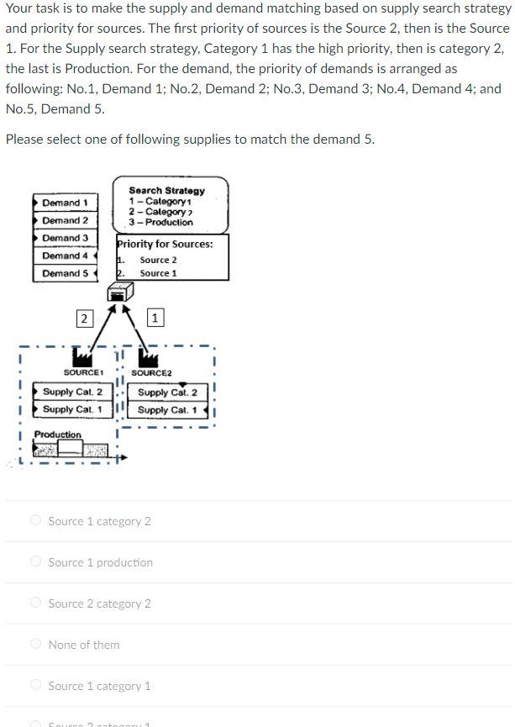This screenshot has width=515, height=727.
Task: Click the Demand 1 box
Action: pyautogui.click(x=65, y=203)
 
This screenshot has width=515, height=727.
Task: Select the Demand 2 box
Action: pyautogui.click(x=65, y=220)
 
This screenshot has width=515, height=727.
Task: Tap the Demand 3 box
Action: pyautogui.click(x=65, y=238)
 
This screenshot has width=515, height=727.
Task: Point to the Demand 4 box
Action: pyautogui.click(x=65, y=256)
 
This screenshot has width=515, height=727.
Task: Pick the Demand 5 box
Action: pyautogui.click(x=65, y=273)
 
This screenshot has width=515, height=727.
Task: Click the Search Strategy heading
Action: pyautogui.click(x=166, y=191)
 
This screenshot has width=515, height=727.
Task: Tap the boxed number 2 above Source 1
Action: pyautogui.click(x=83, y=318)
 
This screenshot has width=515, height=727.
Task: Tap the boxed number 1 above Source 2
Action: pyautogui.click(x=155, y=317)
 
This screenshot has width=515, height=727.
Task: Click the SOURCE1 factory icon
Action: pyautogui.click(x=82, y=358)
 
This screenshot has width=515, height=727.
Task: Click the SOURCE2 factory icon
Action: pyautogui.click(x=149, y=358)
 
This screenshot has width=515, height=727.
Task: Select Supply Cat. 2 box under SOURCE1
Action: pyautogui.click(x=72, y=392)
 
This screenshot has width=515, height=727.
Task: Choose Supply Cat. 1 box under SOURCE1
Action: pyautogui.click(x=72, y=409)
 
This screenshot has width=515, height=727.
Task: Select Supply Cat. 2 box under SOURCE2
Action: pyautogui.click(x=167, y=392)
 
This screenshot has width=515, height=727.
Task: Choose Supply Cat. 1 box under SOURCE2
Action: pyautogui.click(x=167, y=410)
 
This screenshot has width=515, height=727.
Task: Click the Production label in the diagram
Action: pyautogui.click(x=58, y=435)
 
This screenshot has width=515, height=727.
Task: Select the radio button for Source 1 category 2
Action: pyautogui.click(x=35, y=520)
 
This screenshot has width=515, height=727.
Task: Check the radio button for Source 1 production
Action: pyautogui.click(x=35, y=561)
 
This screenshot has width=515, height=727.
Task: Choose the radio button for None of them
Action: pyautogui.click(x=35, y=644)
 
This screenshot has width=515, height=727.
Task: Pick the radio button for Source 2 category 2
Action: pyautogui.click(x=35, y=603)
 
